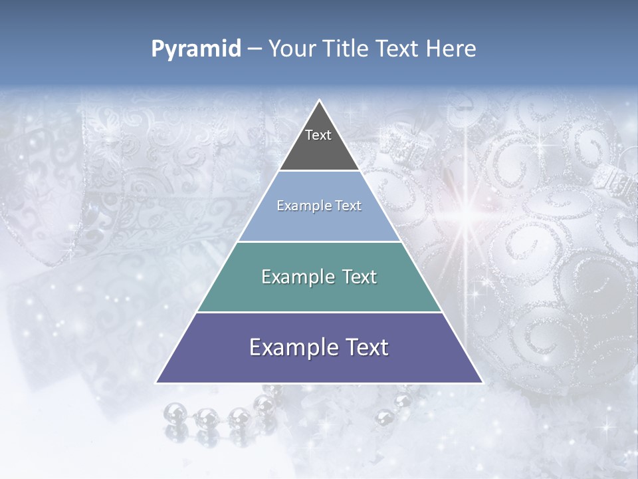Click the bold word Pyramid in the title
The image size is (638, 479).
pos(195,49)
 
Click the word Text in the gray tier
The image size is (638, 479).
pos(318,135)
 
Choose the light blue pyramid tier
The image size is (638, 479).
pos(319,223)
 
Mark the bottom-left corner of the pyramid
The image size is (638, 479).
pos(157,383)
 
